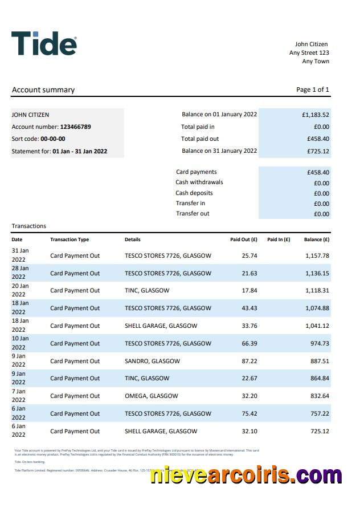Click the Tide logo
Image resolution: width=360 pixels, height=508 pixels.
coord(44,43)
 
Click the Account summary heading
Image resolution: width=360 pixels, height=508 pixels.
coord(43,90)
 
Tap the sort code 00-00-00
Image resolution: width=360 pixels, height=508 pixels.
coord(52,139)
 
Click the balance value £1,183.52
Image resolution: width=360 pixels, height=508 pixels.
coord(316,115)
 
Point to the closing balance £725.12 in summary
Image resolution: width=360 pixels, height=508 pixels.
coord(318,152)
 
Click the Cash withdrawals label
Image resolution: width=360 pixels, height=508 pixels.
coord(199,182)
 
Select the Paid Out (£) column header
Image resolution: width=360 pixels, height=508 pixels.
coord(244,240)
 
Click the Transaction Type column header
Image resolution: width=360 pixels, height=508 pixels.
coord(69,240)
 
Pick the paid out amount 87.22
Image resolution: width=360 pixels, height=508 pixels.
coord(249,361)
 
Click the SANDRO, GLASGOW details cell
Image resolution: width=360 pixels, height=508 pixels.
coord(152,361)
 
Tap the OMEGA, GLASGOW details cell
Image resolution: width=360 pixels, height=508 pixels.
coord(151,396)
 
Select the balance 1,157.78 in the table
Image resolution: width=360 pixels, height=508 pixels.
coord(317,256)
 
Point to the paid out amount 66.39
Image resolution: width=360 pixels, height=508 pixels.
coord(249,344)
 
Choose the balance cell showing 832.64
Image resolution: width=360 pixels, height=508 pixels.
coord(319,396)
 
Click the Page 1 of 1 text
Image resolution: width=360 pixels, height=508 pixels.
coord(313,90)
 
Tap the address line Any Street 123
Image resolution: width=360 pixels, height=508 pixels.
coord(309,53)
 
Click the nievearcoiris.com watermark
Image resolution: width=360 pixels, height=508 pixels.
coord(246,476)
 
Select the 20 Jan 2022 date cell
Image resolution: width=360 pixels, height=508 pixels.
coord(20,290)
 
